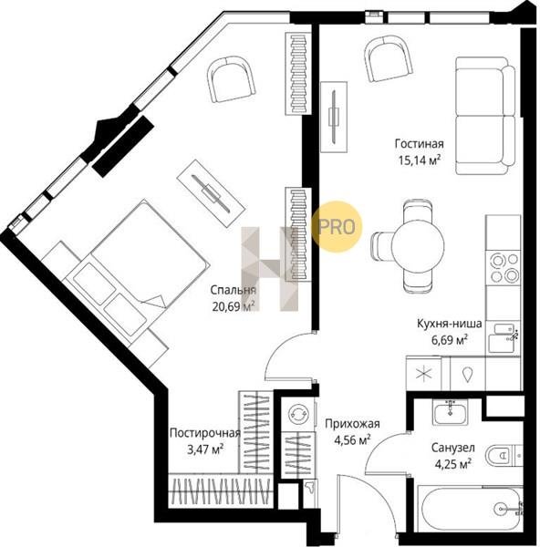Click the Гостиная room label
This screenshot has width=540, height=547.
420,144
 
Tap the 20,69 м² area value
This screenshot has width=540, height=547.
234,306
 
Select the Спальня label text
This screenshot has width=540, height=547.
233,290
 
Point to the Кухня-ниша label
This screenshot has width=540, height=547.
450,324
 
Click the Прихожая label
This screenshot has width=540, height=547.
352,424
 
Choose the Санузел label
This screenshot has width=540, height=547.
453,448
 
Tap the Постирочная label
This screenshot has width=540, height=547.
205,433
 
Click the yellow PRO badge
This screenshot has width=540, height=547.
337,227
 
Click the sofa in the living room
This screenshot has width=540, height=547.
485,116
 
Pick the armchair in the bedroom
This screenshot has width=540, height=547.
231,80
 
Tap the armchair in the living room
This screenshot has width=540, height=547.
389,59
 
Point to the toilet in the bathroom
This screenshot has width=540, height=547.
503,455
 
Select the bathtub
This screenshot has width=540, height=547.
472,509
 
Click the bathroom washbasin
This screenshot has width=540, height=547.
451,412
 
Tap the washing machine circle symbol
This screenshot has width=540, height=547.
298,413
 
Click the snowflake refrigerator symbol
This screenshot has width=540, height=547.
424,374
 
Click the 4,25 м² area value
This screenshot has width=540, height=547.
453,464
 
